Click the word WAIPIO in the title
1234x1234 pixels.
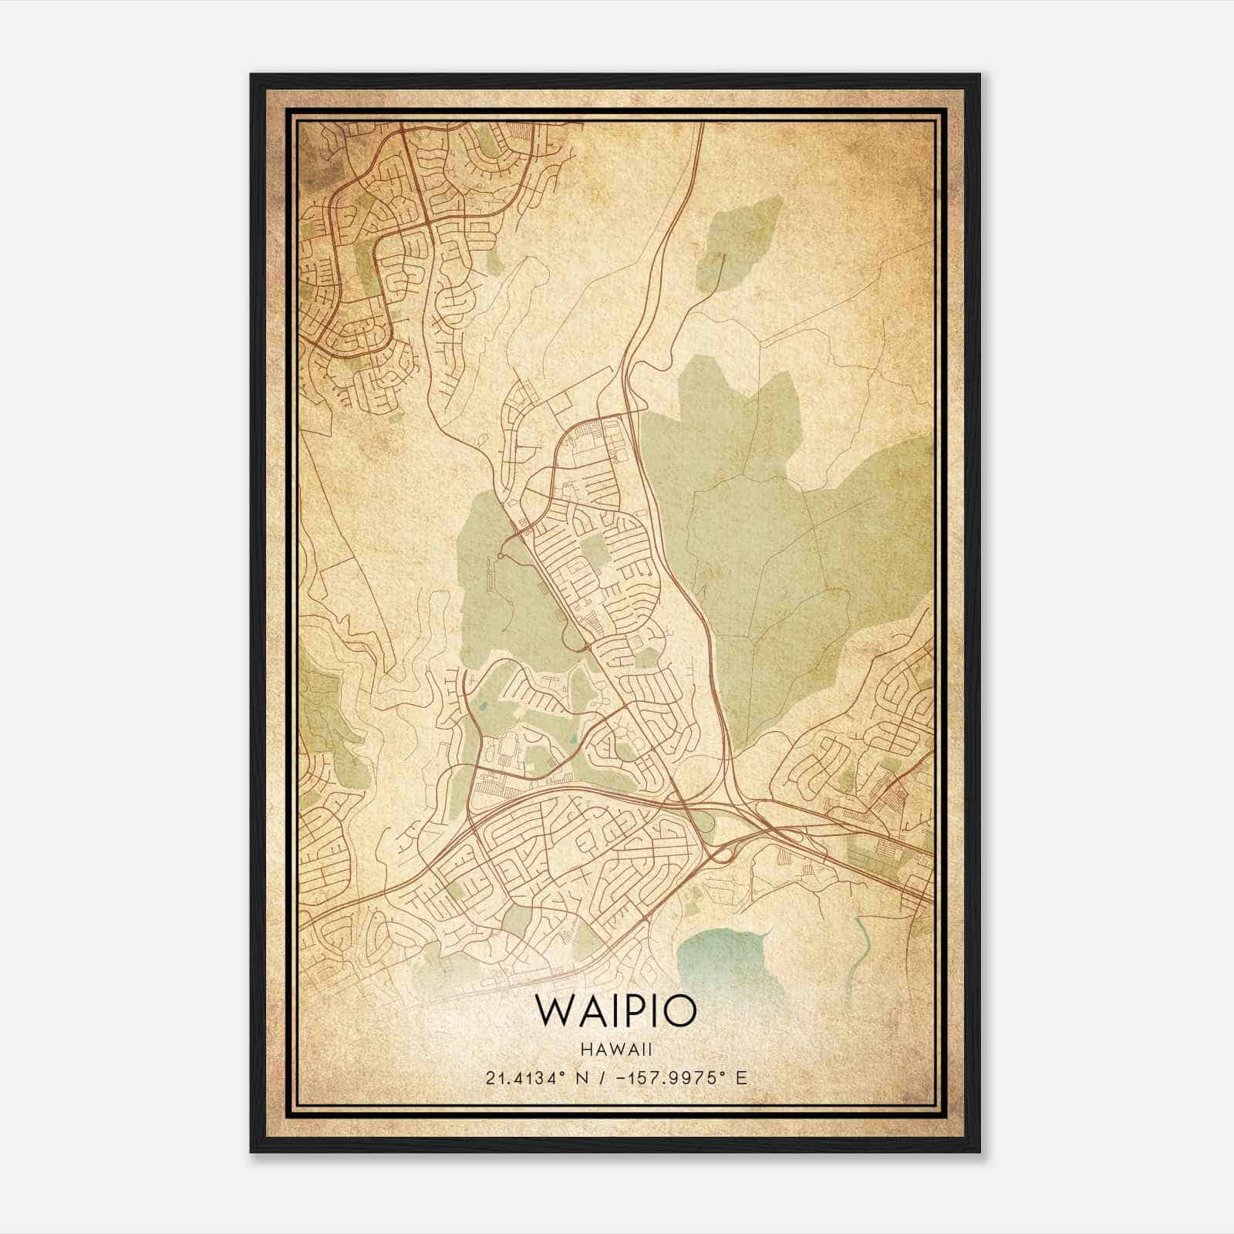coord(616,1010)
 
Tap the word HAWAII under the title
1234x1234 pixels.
coord(616,1049)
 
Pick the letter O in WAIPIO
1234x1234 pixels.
coord(679,1010)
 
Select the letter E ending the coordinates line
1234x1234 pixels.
coord(741,1077)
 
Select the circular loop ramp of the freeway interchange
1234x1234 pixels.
coord(723,852)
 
